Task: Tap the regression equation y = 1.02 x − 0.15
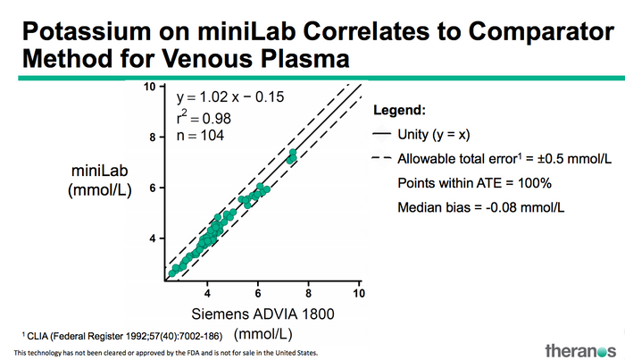(x=229, y=96)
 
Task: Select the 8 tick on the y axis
(x=153, y=137)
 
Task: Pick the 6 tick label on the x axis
(x=258, y=293)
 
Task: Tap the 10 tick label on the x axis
(x=358, y=293)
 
